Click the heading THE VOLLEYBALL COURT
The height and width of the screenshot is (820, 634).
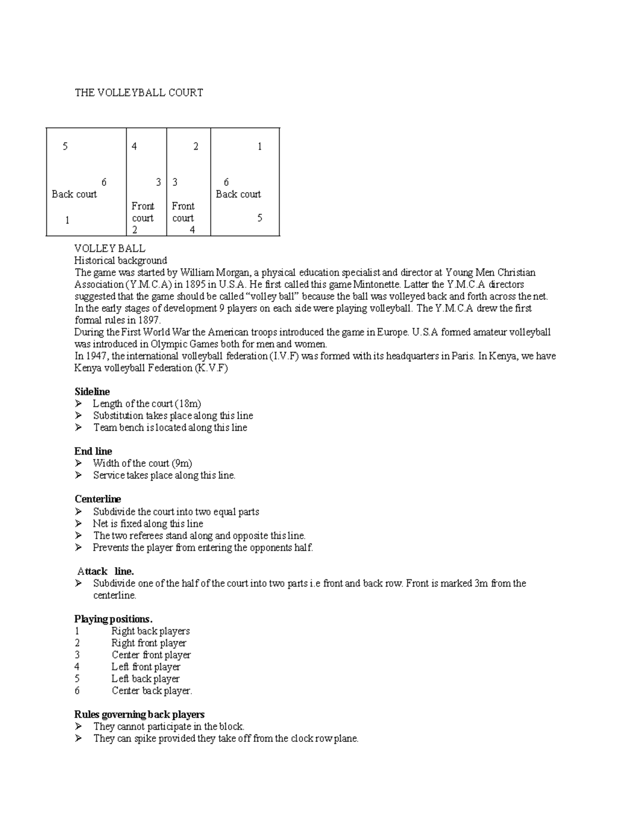coord(138,93)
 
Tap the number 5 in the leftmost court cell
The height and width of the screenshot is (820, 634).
coord(65,146)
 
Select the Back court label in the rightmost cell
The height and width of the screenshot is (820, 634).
coord(238,194)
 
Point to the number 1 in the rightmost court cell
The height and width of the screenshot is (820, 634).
coord(259,147)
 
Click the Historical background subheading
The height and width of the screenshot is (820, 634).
coord(120,260)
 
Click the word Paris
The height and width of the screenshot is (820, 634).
coord(462,356)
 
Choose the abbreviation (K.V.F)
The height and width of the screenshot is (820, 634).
coord(211,369)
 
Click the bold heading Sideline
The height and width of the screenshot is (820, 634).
coord(92,392)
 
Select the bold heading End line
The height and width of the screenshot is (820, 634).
coord(93,451)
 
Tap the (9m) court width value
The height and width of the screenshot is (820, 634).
coord(181,464)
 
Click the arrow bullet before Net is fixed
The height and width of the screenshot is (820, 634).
coord(79,524)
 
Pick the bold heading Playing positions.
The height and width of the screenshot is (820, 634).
coord(113,619)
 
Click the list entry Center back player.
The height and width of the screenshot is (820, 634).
coord(152,691)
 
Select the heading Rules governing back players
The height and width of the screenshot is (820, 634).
coord(139,715)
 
